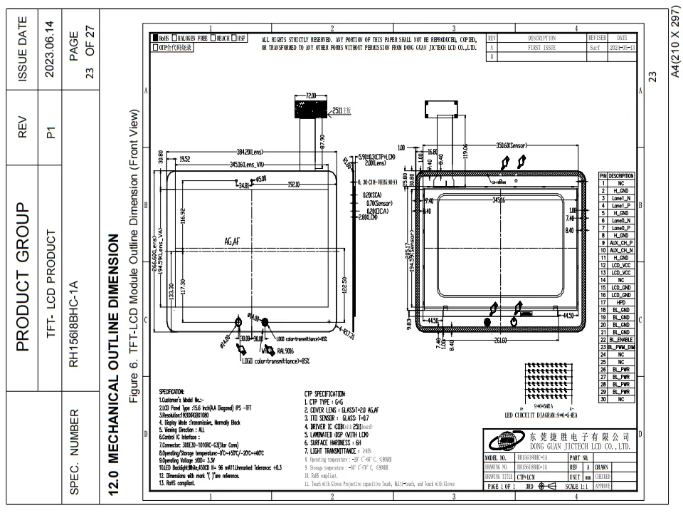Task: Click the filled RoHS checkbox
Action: pyautogui.click(x=154, y=38)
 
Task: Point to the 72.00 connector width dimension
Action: pyautogui.click(x=311, y=95)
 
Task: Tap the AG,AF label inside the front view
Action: pyautogui.click(x=233, y=242)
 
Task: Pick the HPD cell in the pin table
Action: pyautogui.click(x=620, y=302)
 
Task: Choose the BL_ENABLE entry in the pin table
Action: pyautogui.click(x=620, y=339)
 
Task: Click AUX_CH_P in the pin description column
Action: pyautogui.click(x=620, y=243)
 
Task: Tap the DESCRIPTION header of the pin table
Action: pyautogui.click(x=620, y=176)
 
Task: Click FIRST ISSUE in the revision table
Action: pyautogui.click(x=541, y=47)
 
